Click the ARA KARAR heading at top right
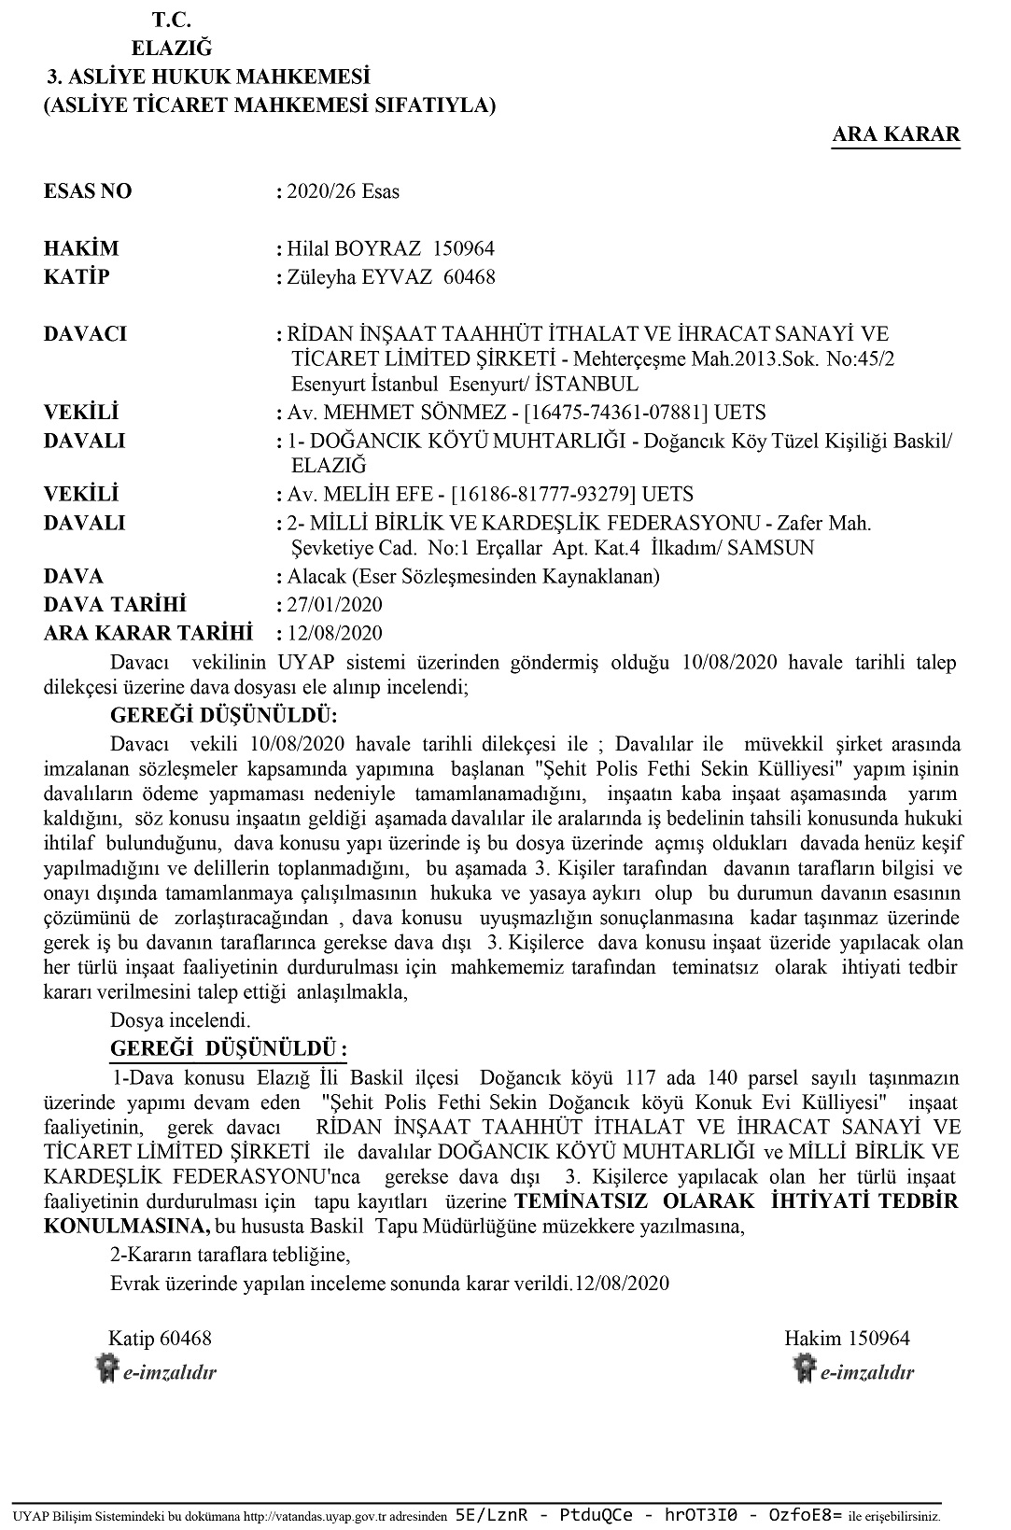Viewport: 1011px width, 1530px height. click(x=895, y=134)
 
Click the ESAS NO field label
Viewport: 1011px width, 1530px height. click(x=88, y=192)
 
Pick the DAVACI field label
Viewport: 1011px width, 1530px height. click(x=85, y=334)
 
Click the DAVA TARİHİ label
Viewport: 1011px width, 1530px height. click(x=115, y=605)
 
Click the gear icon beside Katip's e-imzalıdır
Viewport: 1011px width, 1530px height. click(x=107, y=1369)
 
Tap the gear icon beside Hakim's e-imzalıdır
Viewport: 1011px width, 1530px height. click(x=804, y=1369)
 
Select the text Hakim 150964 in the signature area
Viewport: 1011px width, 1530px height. click(x=847, y=1339)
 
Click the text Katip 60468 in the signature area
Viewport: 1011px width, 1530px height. click(x=160, y=1339)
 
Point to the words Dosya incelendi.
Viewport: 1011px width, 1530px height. click(x=180, y=1019)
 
